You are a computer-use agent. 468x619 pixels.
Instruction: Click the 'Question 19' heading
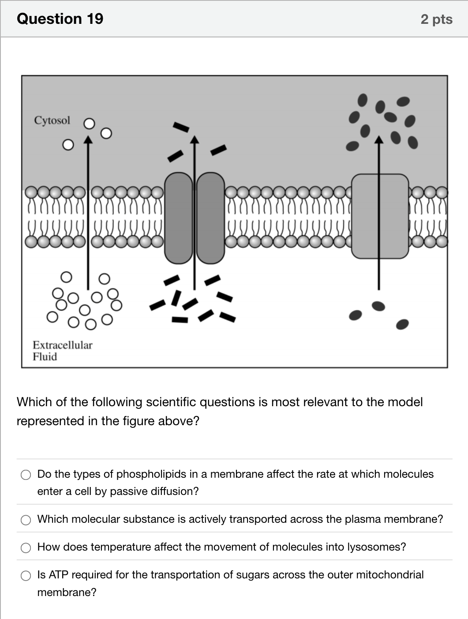click(60, 19)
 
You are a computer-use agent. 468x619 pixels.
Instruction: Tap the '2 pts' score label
click(436, 19)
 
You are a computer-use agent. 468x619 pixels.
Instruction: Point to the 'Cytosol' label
click(52, 121)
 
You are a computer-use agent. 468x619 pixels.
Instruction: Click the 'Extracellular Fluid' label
click(62, 351)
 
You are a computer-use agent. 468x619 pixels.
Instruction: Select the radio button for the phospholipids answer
click(26, 475)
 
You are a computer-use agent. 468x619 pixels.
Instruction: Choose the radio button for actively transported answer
click(26, 520)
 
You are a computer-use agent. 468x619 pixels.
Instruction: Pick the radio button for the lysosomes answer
click(26, 548)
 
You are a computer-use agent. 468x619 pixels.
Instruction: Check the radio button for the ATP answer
click(26, 576)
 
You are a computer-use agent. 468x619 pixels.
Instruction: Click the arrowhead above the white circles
click(88, 140)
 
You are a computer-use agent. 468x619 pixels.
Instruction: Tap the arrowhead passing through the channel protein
click(195, 140)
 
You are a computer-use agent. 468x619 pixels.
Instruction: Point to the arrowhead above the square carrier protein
click(379, 140)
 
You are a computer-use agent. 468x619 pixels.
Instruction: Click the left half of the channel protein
click(179, 218)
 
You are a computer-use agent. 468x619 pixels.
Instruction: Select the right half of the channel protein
click(210, 218)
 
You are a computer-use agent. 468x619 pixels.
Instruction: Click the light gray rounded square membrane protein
click(380, 216)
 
